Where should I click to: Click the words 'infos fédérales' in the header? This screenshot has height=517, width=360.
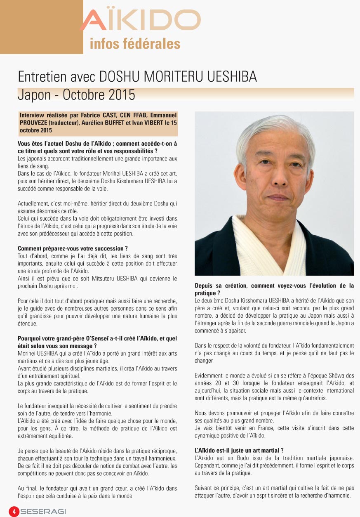(x=135, y=43)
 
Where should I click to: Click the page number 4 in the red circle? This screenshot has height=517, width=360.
(x=14, y=512)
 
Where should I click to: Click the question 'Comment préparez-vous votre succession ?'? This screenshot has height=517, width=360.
(x=73, y=248)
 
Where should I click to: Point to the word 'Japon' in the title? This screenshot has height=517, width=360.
(x=34, y=94)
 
